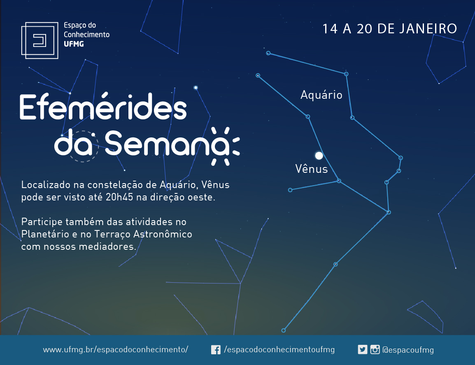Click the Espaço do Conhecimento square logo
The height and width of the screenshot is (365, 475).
(x=40, y=40)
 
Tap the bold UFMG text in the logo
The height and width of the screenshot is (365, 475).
(x=74, y=44)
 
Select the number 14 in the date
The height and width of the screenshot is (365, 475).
(x=330, y=29)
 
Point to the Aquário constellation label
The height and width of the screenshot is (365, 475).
(x=321, y=95)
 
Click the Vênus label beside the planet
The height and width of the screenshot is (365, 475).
(x=312, y=168)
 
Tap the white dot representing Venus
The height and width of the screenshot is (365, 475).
(x=319, y=156)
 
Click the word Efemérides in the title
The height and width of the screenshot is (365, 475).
(x=103, y=106)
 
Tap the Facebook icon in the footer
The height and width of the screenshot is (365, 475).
(x=216, y=350)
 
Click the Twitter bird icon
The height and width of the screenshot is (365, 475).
(x=362, y=349)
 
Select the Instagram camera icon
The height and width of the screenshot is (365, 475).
(x=375, y=349)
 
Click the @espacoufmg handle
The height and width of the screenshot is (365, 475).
(x=408, y=350)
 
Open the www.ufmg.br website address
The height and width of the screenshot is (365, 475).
(x=115, y=349)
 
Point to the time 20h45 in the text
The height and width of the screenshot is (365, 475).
(x=119, y=197)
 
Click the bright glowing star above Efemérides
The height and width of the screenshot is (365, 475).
(x=196, y=88)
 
